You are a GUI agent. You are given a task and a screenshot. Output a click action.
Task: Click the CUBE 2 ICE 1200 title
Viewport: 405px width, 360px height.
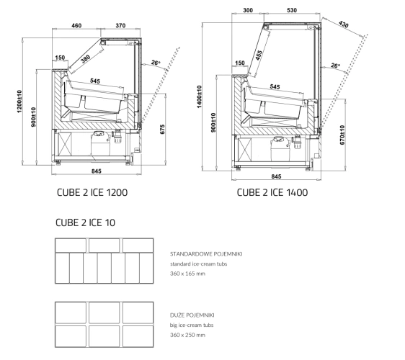(x=92, y=192)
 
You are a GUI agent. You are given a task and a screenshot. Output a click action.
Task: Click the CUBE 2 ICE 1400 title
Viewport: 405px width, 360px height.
(x=272, y=192)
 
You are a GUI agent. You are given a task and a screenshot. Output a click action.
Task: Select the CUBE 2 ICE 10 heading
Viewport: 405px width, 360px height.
(x=85, y=222)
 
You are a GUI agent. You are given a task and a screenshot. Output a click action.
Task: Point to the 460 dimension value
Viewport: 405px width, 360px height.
(x=76, y=25)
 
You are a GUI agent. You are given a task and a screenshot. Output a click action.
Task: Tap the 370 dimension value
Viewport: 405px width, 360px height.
(x=120, y=25)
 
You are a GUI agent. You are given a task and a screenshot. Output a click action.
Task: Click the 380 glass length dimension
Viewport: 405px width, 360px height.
(x=86, y=58)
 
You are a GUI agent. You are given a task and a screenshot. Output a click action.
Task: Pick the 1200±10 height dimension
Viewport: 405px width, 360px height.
(x=19, y=102)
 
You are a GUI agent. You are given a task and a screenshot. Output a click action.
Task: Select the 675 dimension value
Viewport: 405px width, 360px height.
(x=162, y=130)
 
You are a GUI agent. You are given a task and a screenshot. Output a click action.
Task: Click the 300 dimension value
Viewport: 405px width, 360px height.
(x=248, y=10)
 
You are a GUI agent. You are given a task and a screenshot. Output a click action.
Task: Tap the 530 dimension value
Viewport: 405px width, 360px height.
(x=292, y=10)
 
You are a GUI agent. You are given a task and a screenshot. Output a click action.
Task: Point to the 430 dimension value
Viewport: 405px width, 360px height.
(x=344, y=24)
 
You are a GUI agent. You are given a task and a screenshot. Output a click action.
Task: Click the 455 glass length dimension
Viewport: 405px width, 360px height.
(x=259, y=55)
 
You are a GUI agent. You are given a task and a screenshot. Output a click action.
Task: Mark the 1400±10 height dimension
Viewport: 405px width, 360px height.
(x=200, y=96)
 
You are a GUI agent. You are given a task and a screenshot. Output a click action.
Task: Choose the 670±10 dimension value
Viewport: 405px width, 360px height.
(x=342, y=135)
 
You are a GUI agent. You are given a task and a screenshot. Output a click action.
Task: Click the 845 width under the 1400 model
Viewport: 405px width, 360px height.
(x=276, y=176)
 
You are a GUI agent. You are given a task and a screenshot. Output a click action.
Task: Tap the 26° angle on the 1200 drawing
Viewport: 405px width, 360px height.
(x=156, y=63)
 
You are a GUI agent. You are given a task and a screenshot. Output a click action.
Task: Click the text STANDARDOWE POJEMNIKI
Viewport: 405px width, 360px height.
(x=206, y=254)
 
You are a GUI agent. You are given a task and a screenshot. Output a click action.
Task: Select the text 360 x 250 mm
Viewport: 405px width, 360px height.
(x=187, y=335)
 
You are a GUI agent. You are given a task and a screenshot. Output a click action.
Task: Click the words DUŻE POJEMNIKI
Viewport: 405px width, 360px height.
(x=192, y=315)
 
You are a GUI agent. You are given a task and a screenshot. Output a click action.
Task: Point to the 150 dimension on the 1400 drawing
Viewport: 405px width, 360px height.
(x=240, y=63)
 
